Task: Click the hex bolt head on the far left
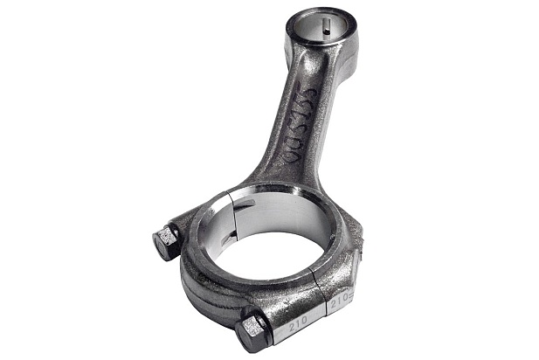(x=166, y=242)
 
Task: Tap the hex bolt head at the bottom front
(x=252, y=331)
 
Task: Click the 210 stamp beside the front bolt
(x=298, y=324)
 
